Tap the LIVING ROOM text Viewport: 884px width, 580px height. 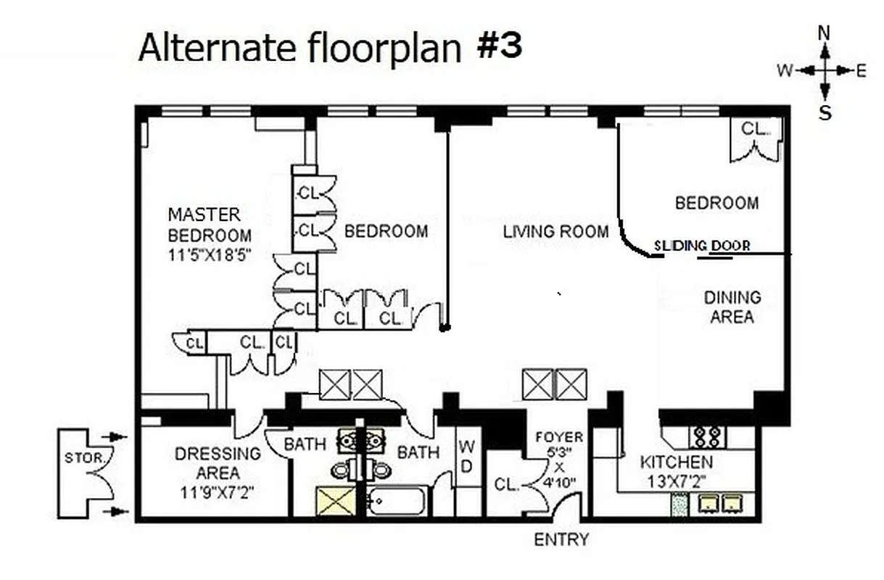tap(555, 232)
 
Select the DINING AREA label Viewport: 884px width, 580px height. tap(732, 307)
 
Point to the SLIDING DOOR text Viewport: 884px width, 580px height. tap(701, 246)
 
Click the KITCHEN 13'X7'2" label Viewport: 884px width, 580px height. tap(676, 471)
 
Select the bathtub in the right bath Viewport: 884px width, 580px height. tap(396, 501)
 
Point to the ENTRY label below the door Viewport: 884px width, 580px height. tap(561, 540)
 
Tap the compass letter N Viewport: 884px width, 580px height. tap(824, 33)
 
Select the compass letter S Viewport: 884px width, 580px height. tap(825, 112)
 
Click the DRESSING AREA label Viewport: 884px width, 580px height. tap(218, 463)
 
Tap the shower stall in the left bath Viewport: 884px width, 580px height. tap(336, 501)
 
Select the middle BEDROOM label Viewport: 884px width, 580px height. tap(386, 231)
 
